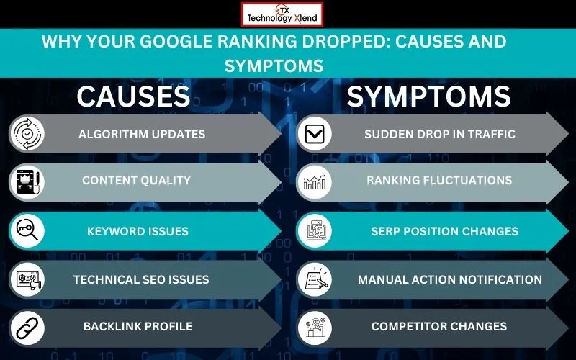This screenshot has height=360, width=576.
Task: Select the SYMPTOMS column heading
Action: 428,96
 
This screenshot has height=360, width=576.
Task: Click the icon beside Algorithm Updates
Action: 27,134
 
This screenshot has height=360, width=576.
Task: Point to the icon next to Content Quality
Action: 27,181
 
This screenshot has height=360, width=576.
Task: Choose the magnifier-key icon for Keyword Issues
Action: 27,231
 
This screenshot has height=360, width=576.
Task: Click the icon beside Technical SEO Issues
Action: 27,279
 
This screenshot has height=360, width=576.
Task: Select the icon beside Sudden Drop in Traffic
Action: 315,134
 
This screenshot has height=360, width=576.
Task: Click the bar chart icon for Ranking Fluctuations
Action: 315,181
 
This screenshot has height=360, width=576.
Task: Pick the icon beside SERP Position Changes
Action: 315,231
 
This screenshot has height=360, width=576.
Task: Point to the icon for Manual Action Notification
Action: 315,279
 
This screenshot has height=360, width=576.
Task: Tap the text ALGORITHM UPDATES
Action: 142,134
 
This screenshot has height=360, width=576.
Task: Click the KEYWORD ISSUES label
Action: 138,231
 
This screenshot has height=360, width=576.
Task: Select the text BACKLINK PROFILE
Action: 138,327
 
